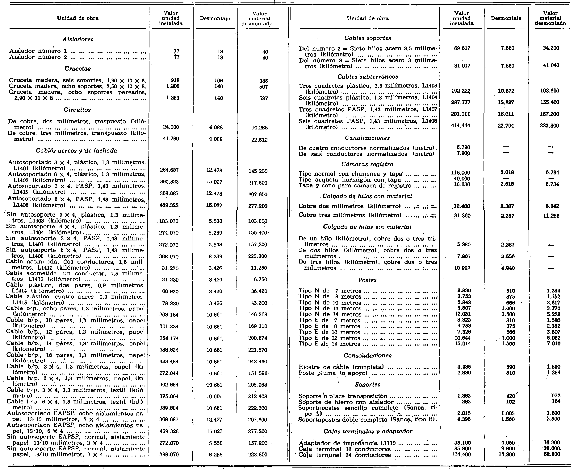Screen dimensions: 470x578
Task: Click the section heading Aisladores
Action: click(x=78, y=39)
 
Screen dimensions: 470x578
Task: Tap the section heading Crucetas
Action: click(x=77, y=69)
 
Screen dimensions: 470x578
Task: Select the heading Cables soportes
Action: click(x=368, y=38)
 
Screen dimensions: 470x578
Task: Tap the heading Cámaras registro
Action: click(x=367, y=164)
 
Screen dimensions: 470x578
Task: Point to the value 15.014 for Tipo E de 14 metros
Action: click(x=463, y=344)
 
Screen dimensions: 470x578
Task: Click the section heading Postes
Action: click(x=367, y=280)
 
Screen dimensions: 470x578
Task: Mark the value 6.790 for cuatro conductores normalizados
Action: click(x=463, y=148)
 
